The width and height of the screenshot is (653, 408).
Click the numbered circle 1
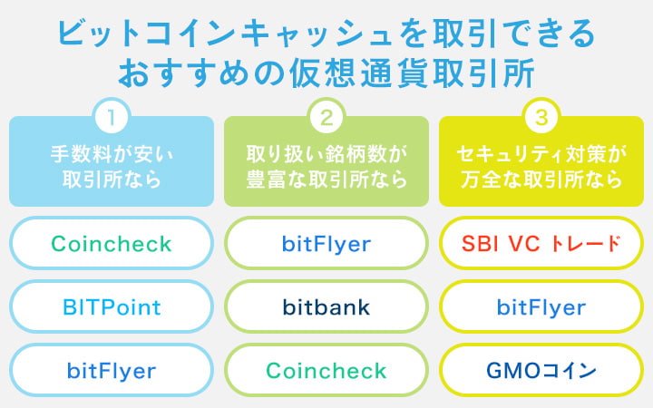tap(112, 117)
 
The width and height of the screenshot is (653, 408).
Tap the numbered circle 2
tap(326, 117)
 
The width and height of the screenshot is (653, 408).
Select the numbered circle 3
tap(541, 117)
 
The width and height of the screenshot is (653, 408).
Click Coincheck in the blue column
tap(112, 243)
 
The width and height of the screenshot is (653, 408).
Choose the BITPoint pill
tap(112, 306)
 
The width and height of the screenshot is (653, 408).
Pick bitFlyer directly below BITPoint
tap(112, 370)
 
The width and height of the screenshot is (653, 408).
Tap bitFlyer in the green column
tap(326, 243)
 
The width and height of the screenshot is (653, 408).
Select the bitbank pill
tap(326, 306)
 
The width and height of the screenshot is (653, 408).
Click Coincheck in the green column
tap(326, 370)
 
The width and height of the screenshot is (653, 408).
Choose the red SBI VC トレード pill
tap(541, 243)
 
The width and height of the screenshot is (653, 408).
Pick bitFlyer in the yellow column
tap(541, 306)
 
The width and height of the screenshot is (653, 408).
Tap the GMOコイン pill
tap(541, 370)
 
